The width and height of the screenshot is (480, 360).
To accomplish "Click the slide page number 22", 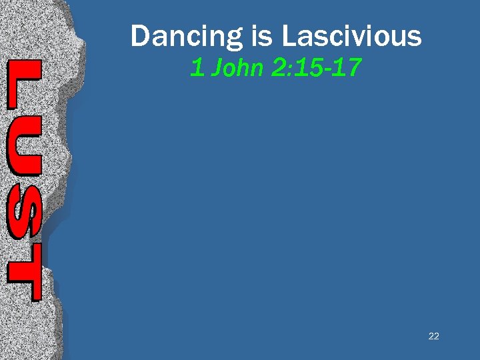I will [433, 336].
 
